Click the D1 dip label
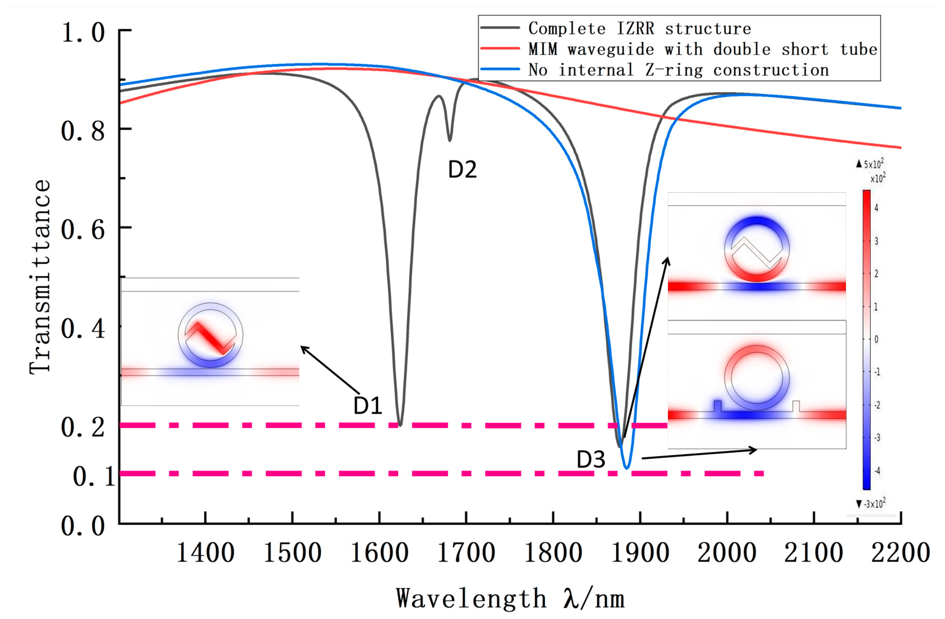pyautogui.click(x=368, y=406)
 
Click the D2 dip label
pyautogui.click(x=462, y=170)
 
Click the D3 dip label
pyautogui.click(x=591, y=460)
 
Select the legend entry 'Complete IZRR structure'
pyautogui.click(x=639, y=29)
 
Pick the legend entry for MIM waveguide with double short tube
pyautogui.click(x=702, y=49)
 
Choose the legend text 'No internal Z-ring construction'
pyautogui.click(x=678, y=70)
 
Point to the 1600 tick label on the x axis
pyautogui.click(x=379, y=553)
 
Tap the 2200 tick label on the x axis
pyautogui.click(x=900, y=553)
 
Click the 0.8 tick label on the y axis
pyautogui.click(x=83, y=130)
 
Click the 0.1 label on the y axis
pyautogui.click(x=94, y=476)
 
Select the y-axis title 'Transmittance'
pyautogui.click(x=40, y=277)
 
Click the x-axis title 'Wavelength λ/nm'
pyautogui.click(x=510, y=599)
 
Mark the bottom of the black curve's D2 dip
pyautogui.click(x=449, y=140)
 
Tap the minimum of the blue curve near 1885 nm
pyautogui.click(x=627, y=468)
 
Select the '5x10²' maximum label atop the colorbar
pyautogui.click(x=873, y=164)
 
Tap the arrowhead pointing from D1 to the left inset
pyautogui.click(x=303, y=348)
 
